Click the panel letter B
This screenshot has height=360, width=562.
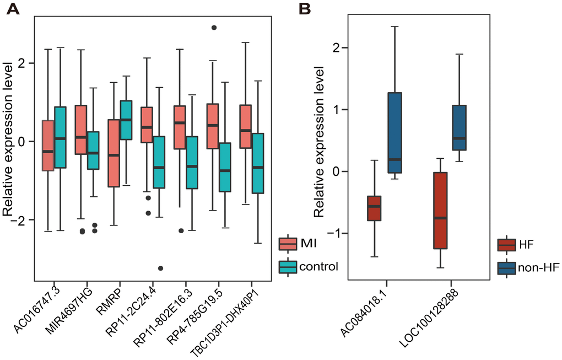point(305,9)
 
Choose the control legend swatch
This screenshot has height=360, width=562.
point(289,267)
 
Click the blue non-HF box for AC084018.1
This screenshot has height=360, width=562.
point(395,133)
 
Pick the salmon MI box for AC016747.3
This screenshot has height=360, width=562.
point(47,146)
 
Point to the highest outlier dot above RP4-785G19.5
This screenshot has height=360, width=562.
point(214,28)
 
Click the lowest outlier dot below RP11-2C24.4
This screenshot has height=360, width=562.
point(160,268)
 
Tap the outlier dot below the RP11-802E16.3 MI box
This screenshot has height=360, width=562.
point(181,231)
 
